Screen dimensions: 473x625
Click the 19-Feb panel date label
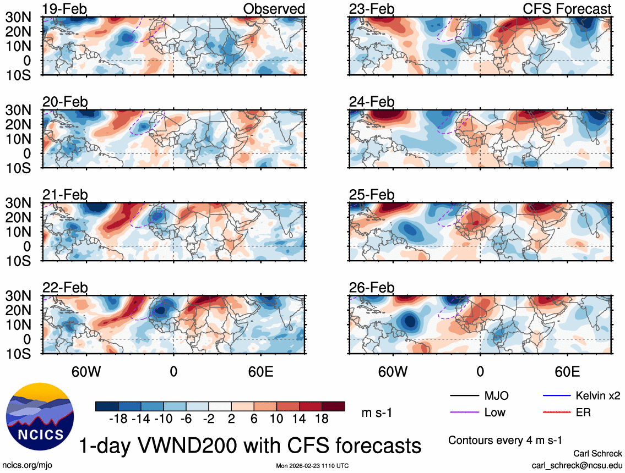(x=65, y=9)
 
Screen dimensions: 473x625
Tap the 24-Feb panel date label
(x=372, y=102)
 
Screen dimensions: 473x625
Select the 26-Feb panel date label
(x=372, y=288)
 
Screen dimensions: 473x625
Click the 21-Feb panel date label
(x=65, y=195)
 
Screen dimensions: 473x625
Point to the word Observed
(x=274, y=9)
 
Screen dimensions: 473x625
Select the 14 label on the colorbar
(x=299, y=420)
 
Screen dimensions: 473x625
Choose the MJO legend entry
(x=496, y=395)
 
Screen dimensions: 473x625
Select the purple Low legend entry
(x=496, y=412)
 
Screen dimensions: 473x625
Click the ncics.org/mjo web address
(x=26, y=465)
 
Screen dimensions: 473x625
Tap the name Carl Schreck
(x=597, y=453)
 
